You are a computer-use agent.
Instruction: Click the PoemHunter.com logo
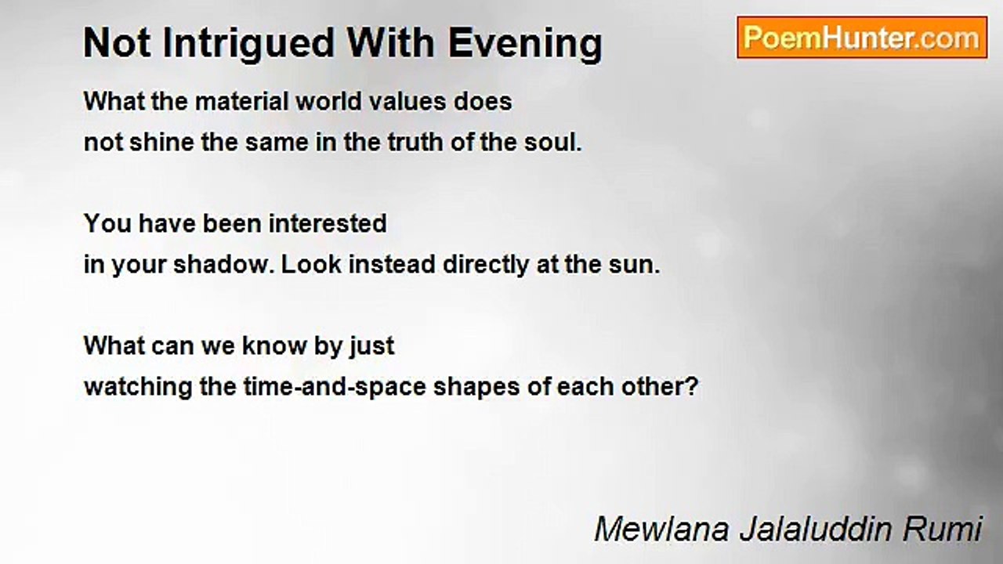(862, 38)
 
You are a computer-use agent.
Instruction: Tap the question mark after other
(691, 387)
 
